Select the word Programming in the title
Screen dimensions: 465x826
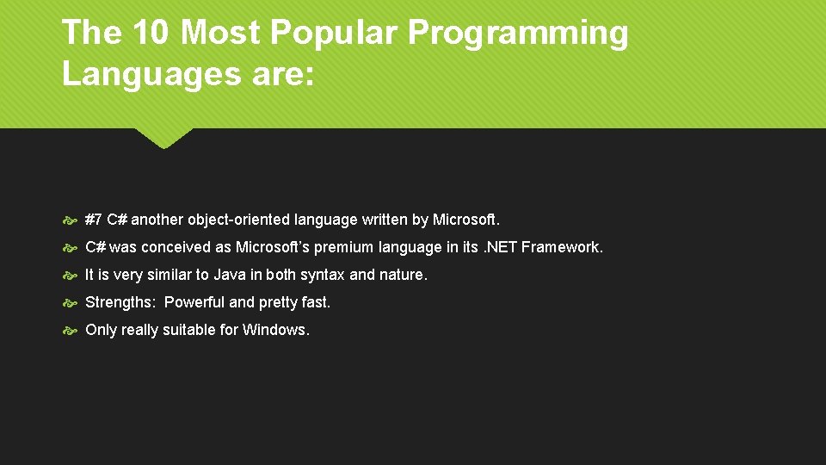pos(519,34)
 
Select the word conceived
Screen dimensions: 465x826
pos(176,247)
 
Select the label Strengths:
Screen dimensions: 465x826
pos(120,302)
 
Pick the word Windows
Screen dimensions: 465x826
pos(275,330)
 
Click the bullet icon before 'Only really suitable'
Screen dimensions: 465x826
pos(71,331)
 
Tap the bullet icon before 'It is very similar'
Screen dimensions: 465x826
pos(71,276)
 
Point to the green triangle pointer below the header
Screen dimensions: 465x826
pos(163,138)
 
